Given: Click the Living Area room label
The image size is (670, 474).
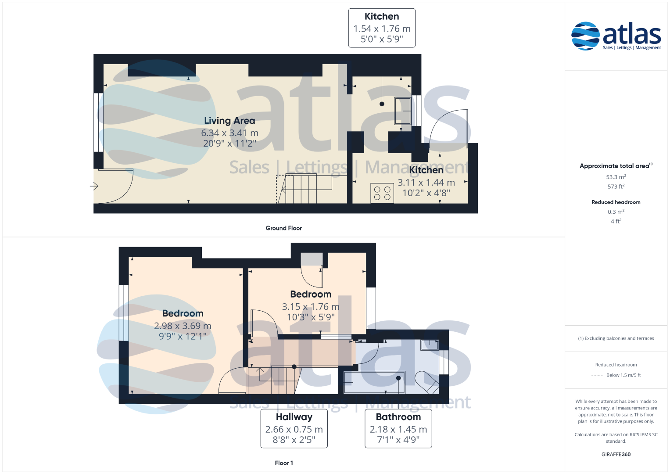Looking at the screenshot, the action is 229,121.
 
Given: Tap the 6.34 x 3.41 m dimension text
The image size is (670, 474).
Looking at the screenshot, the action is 229,133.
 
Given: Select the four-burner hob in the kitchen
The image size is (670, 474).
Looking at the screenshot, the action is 382,193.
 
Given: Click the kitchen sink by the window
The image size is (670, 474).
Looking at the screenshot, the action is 402,111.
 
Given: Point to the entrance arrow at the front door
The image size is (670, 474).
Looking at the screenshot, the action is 94,186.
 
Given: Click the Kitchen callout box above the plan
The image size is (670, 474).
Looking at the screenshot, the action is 382,28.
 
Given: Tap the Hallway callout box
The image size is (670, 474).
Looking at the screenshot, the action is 294,428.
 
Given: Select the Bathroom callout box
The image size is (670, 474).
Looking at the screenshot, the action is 398,428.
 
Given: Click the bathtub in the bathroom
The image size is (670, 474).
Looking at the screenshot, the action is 374,382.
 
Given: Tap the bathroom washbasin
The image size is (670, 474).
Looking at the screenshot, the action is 430,345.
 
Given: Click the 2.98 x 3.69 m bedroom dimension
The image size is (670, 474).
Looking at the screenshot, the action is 183,326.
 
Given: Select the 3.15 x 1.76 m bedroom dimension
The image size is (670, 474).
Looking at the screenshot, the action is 311,307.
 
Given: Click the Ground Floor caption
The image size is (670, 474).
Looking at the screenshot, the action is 283,228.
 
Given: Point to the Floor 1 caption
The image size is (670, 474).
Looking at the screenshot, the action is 283,463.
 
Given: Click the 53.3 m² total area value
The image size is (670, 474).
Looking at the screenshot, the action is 616,177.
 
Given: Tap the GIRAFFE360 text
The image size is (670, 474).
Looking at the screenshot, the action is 616,454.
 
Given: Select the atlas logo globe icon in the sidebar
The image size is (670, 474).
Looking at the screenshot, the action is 585,36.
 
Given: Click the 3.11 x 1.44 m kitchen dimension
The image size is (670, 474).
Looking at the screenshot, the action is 426,183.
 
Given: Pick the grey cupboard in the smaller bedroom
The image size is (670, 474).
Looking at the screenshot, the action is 312,259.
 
